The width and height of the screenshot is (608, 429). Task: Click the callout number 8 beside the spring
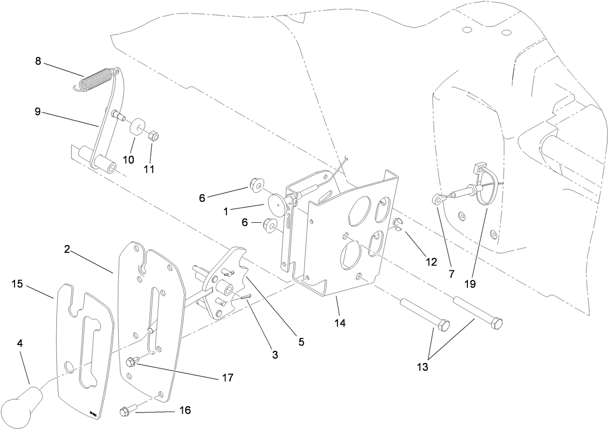pyautogui.click(x=38, y=62)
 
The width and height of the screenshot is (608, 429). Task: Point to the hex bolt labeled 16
pyautogui.click(x=126, y=412)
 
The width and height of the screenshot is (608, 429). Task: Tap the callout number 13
pyautogui.click(x=422, y=367)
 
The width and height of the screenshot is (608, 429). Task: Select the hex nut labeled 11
pyautogui.click(x=151, y=136)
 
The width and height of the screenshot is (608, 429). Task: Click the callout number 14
pyautogui.click(x=340, y=323)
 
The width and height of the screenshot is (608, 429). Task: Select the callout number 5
pyautogui.click(x=301, y=342)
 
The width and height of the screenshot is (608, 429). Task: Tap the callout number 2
pyautogui.click(x=67, y=249)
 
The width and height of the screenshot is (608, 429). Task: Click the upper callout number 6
pyautogui.click(x=202, y=198)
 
